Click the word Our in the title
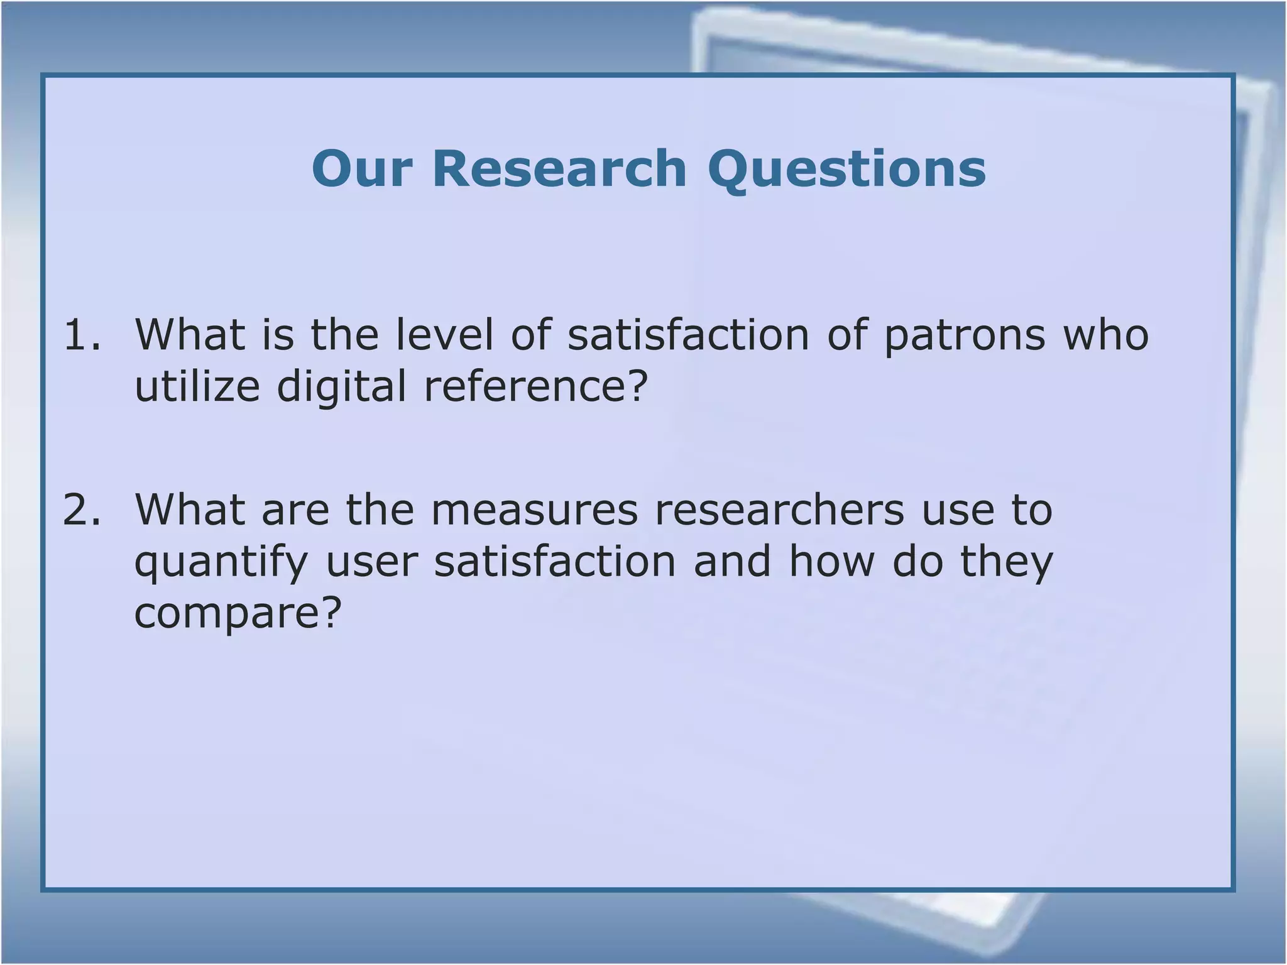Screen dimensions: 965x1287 [x=362, y=169]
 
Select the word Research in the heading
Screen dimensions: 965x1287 [x=559, y=169]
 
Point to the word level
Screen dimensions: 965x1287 [x=444, y=335]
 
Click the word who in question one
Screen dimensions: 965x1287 [x=1105, y=335]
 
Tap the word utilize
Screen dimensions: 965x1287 [x=197, y=386]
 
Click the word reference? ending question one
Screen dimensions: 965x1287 [x=535, y=386]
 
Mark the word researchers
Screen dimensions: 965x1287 [x=779, y=510]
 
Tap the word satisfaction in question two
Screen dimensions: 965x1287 [x=555, y=561]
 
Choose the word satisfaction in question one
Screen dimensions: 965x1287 [x=688, y=335]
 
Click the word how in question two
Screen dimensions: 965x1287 [x=831, y=561]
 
